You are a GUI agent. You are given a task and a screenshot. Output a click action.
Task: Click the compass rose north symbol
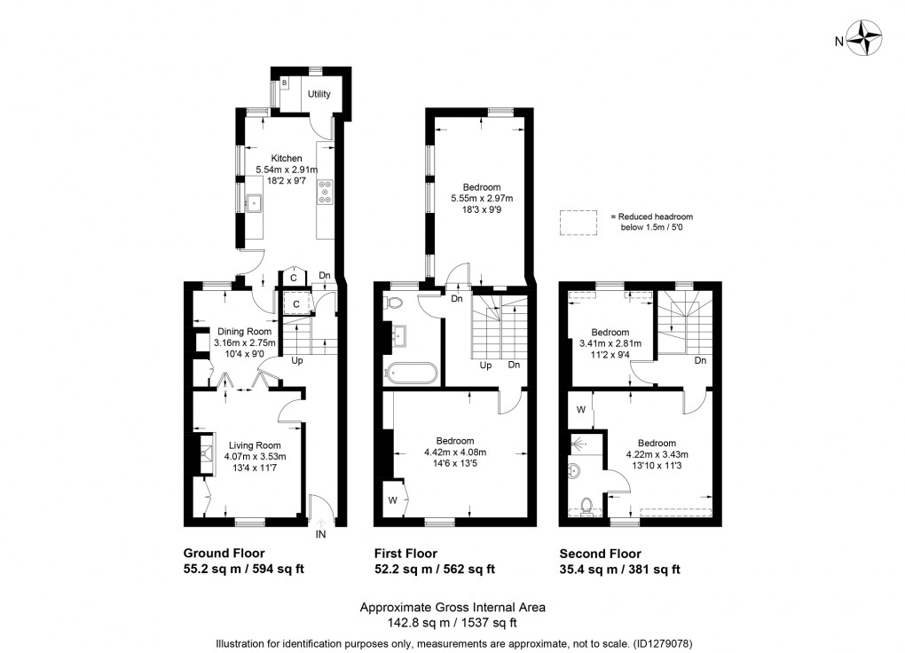click(x=864, y=40)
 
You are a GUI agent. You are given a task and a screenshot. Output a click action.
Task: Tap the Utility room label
click(x=319, y=94)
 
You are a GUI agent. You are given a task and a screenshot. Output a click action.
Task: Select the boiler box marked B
click(x=285, y=83)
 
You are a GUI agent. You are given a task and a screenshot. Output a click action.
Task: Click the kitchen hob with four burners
click(x=325, y=193)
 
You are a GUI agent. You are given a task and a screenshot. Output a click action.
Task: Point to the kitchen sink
click(x=255, y=203)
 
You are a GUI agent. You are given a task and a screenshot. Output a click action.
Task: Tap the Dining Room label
click(x=245, y=331)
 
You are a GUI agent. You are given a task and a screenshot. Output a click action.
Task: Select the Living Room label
click(x=255, y=445)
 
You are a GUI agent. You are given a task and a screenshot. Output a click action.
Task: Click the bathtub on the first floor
click(x=410, y=373)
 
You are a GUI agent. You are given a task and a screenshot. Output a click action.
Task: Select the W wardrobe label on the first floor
click(x=392, y=500)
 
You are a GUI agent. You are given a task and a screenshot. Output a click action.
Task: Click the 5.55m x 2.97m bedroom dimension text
click(x=482, y=199)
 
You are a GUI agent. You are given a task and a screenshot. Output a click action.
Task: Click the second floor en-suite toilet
click(x=585, y=506)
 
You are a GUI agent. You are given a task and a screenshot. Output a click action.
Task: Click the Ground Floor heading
click(x=224, y=554)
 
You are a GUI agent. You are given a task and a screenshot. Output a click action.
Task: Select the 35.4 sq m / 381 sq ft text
click(x=619, y=570)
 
